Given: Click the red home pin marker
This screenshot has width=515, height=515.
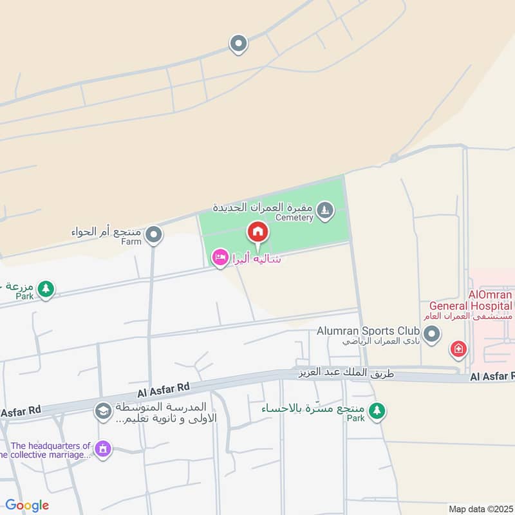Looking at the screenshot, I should pyautogui.click(x=257, y=232).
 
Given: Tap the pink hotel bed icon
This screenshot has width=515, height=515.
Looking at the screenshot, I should pyautogui.click(x=220, y=258).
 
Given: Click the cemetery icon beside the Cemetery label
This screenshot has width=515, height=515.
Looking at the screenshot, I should pyautogui.click(x=326, y=209).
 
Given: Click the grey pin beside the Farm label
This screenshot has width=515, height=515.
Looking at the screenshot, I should pyautogui.click(x=153, y=236).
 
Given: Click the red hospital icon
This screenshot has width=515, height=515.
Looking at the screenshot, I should pyautogui.click(x=458, y=350).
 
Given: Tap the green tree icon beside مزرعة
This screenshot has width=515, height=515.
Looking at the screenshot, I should pyautogui.click(x=45, y=289).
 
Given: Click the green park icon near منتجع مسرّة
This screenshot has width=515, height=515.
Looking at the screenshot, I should pyautogui.click(x=377, y=410).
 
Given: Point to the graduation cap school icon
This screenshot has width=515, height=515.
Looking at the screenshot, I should pyautogui.click(x=102, y=411).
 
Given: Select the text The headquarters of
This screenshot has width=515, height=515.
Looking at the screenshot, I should pyautogui.click(x=51, y=445).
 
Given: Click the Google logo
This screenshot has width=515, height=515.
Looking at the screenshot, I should pyautogui.click(x=27, y=505).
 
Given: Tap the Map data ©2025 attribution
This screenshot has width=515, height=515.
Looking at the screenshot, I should pyautogui.click(x=480, y=509).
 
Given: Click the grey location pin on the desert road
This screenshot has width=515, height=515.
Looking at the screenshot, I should pyautogui.click(x=238, y=44).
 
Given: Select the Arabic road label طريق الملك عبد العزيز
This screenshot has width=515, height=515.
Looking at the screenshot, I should pyautogui.click(x=345, y=373).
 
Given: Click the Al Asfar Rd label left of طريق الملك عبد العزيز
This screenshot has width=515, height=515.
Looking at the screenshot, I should pyautogui.click(x=163, y=388).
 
